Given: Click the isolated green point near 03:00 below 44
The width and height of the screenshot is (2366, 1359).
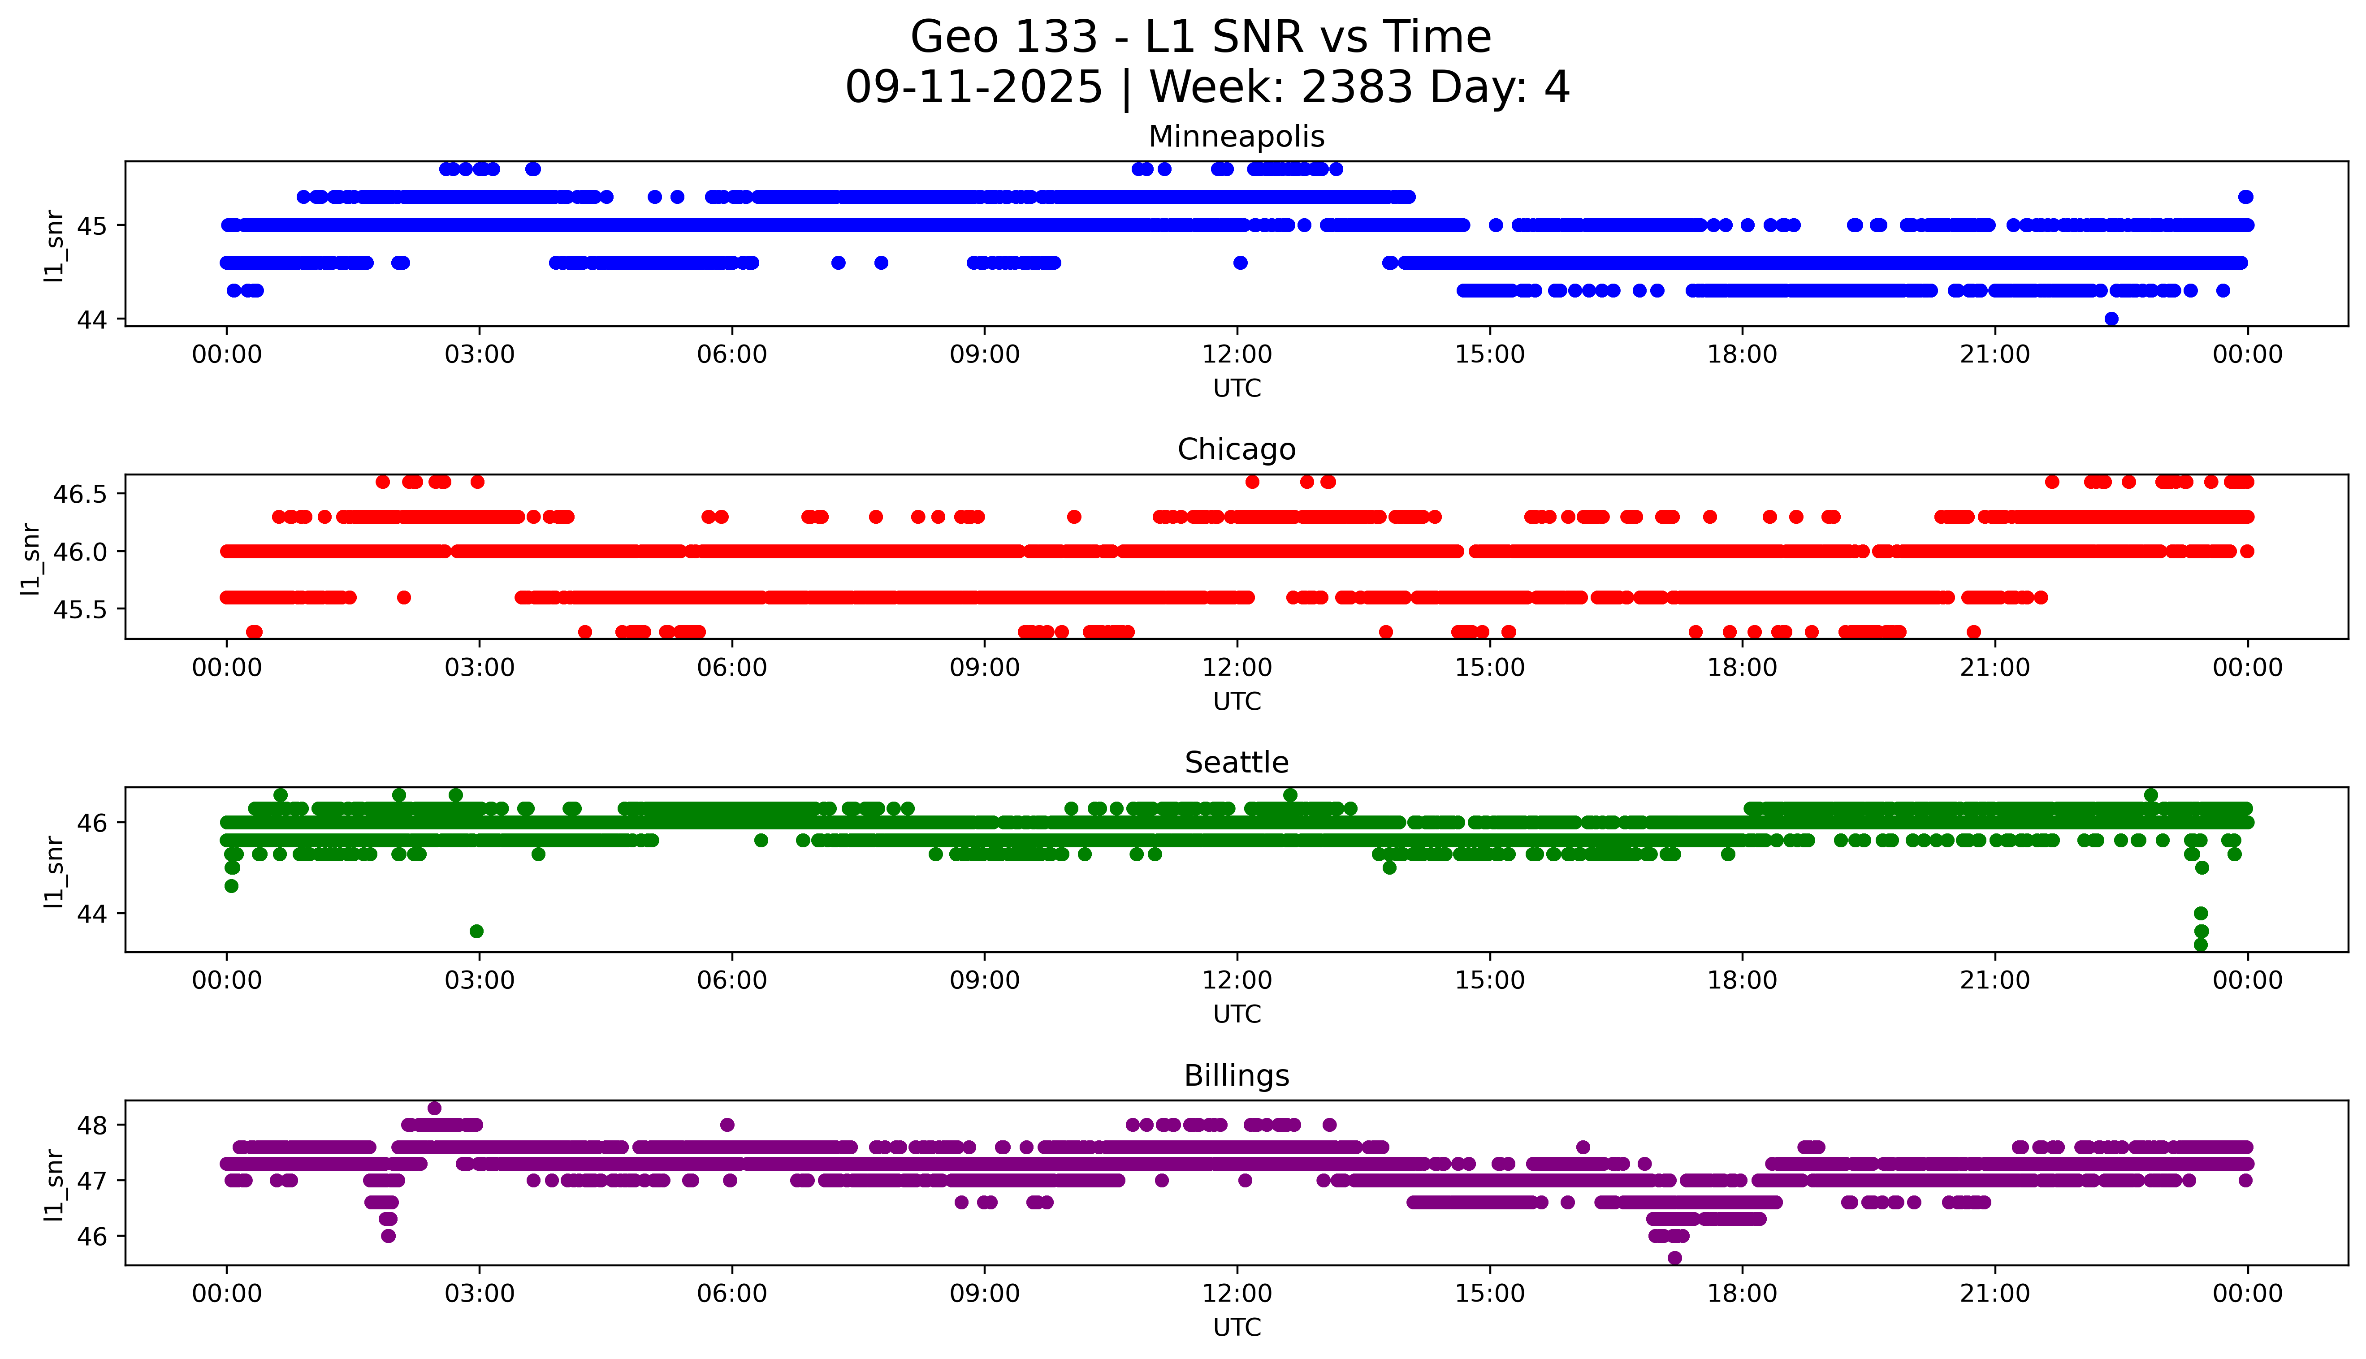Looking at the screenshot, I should point(476,931).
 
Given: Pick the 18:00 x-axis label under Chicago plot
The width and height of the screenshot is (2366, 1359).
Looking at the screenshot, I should point(1742,667).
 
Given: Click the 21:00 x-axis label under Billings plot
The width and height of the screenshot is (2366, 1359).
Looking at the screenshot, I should point(1994,1294).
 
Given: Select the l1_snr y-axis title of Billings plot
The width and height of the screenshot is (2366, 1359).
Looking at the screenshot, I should point(54,1183).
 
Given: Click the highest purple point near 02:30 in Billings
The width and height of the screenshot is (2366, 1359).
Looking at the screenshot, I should point(434,1108).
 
